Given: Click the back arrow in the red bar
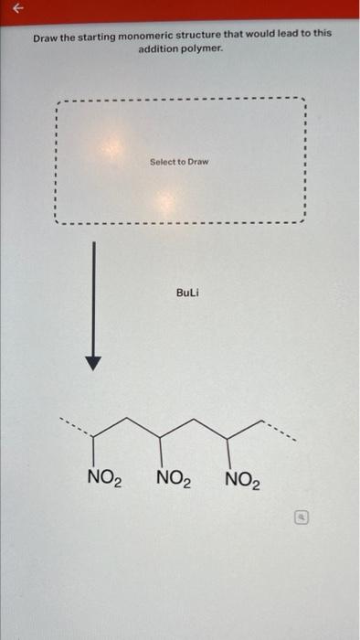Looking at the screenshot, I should [12, 8].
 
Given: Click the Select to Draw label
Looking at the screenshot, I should [179, 162].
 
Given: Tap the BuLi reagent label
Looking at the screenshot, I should [186, 293].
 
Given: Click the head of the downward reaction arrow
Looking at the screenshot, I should [92, 363].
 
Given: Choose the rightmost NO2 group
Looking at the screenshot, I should [242, 479].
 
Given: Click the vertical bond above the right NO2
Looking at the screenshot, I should [228, 451].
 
